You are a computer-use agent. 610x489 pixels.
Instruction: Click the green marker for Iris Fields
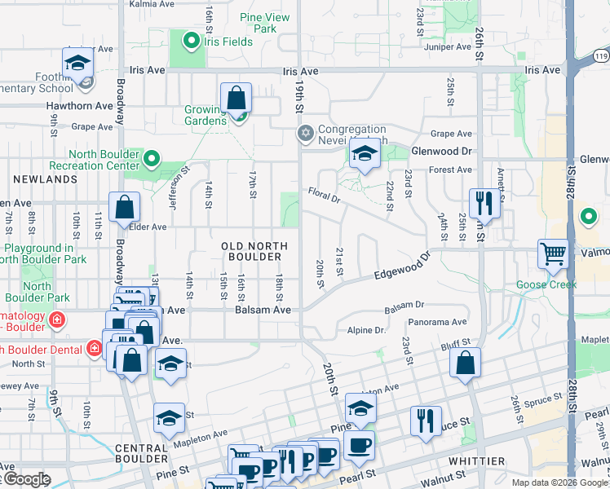pos(192,39)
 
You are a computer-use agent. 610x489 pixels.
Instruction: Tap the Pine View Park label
pos(265,23)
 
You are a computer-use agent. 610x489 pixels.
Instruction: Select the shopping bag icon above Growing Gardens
pos(236,99)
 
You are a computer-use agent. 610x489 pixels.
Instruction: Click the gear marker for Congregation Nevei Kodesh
pos(306,133)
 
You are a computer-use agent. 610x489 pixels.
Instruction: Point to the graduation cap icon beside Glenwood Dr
pos(365,153)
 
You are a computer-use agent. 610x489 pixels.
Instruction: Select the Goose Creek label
pos(546,284)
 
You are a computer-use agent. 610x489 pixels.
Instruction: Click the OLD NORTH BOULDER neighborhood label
pos(254,251)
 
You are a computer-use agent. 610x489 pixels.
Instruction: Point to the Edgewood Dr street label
pos(400,270)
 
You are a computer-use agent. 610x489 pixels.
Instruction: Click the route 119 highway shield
pos(601,55)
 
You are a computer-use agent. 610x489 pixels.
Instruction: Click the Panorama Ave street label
pos(437,322)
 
